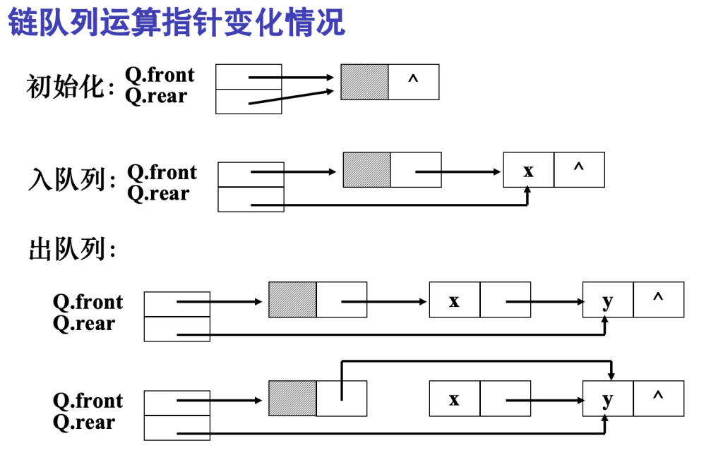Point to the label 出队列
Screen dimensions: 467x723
coord(71,249)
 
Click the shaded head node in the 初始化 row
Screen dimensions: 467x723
coord(364,82)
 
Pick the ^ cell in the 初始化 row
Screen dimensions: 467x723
coord(413,82)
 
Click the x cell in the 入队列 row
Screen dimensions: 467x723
coord(528,170)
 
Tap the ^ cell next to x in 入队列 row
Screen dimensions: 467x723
coord(579,170)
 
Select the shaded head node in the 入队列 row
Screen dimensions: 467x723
coord(366,170)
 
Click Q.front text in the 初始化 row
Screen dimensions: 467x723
coord(160,75)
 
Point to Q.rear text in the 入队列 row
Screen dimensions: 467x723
coord(158,193)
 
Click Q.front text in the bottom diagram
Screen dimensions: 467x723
coord(88,401)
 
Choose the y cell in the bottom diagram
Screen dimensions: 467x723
coord(608,399)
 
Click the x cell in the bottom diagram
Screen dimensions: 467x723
coord(454,399)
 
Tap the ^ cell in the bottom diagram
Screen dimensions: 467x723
coord(658,399)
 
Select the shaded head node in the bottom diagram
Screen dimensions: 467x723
coord(292,399)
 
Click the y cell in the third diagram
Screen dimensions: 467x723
coord(608,300)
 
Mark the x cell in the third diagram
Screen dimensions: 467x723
coord(454,300)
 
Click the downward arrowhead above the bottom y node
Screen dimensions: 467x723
coord(611,376)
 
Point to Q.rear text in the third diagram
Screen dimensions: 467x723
coord(83,324)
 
